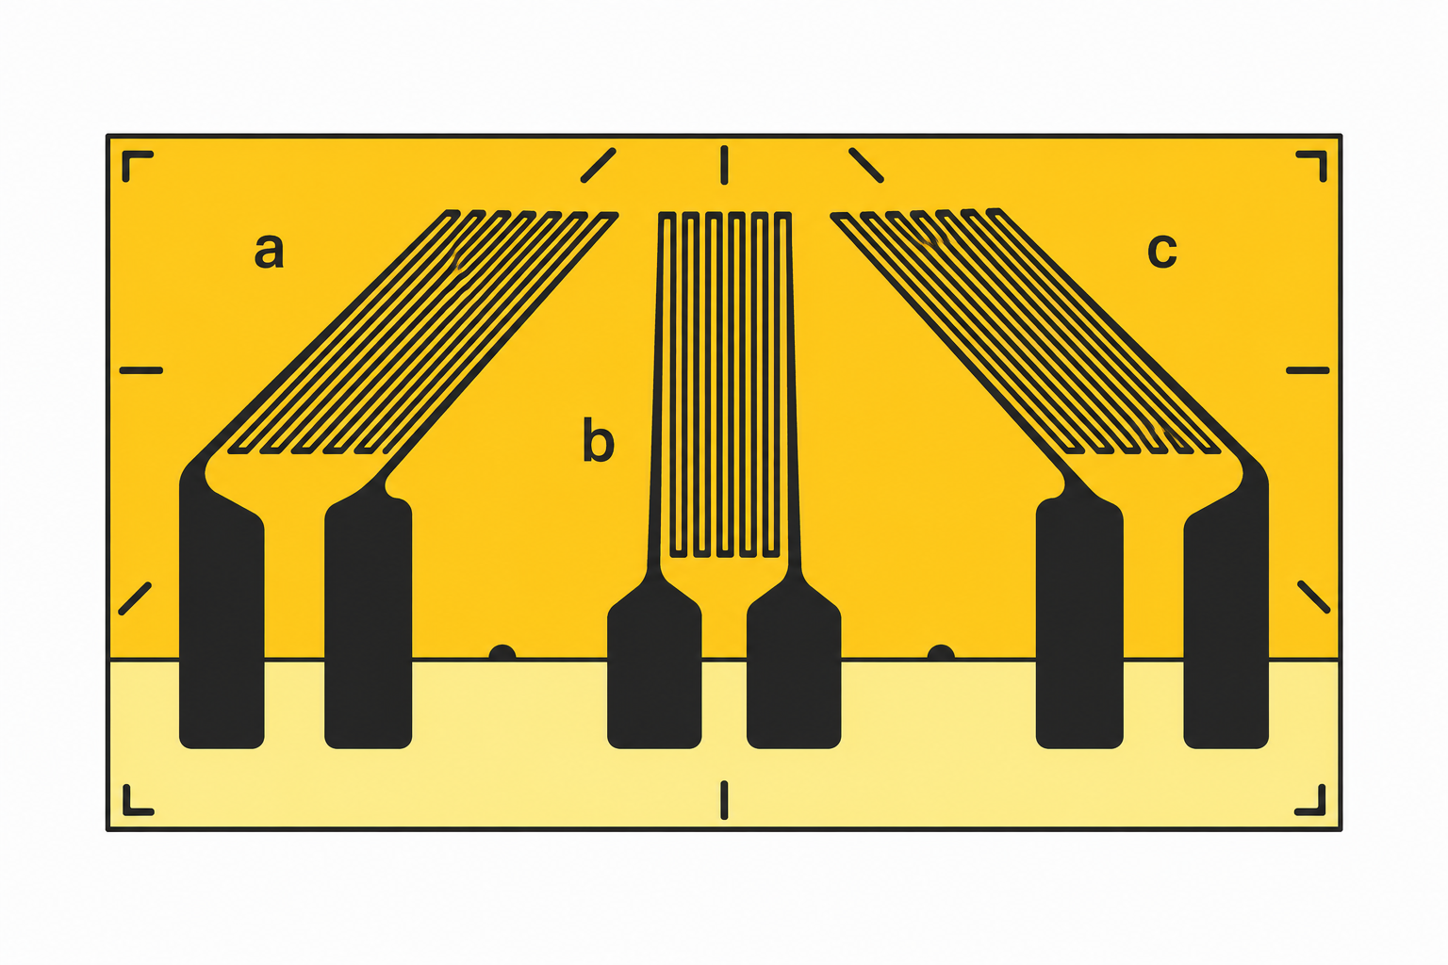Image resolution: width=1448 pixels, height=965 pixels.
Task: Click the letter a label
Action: click(269, 251)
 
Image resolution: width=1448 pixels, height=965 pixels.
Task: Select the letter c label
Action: click(1162, 251)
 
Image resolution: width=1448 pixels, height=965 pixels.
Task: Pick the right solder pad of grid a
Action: click(368, 620)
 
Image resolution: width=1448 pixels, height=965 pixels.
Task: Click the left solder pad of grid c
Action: click(1079, 620)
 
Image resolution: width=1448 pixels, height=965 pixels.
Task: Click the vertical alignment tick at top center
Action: click(724, 166)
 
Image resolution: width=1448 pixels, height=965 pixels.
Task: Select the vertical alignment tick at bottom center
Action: click(724, 800)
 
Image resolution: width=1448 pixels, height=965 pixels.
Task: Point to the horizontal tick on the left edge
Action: click(140, 370)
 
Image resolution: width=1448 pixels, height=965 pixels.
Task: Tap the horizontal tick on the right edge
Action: click(1308, 370)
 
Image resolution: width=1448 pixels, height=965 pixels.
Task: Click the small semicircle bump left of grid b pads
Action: click(502, 653)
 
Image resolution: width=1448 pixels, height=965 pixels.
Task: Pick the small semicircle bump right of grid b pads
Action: click(941, 653)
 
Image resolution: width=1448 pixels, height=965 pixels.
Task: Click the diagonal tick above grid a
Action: click(598, 166)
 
